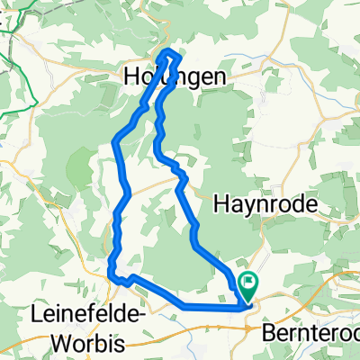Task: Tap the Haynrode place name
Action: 267,205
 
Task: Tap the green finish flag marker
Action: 248,284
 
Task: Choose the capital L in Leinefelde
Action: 37,316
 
